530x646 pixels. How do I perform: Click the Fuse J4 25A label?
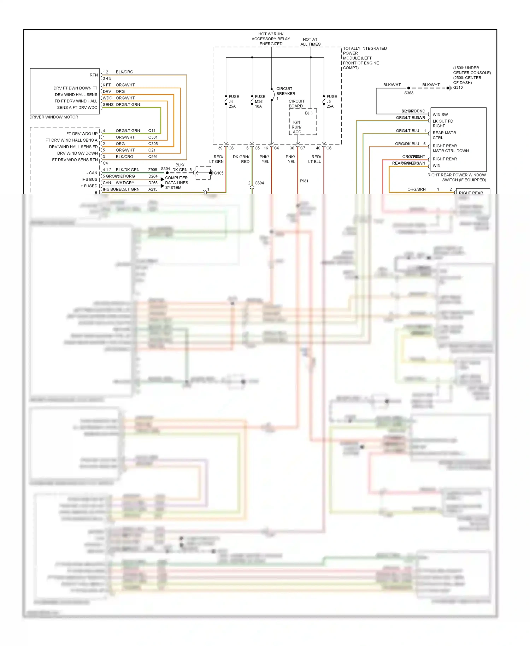click(x=233, y=101)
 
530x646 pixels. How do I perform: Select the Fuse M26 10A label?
click(x=260, y=101)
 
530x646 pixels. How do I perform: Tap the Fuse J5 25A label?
click(x=331, y=101)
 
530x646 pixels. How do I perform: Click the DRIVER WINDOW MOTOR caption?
click(x=54, y=117)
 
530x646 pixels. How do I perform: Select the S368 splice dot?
click(x=409, y=88)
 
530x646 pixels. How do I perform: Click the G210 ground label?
click(x=458, y=87)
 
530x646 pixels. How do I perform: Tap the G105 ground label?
click(x=219, y=173)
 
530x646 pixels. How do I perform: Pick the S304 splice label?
click(x=165, y=169)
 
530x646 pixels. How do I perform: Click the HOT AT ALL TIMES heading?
click(x=310, y=42)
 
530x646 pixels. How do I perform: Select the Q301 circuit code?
click(x=153, y=137)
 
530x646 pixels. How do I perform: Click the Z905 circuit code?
click(x=153, y=170)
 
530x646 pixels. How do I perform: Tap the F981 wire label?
click(x=304, y=181)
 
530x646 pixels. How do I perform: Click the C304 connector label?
click(x=259, y=183)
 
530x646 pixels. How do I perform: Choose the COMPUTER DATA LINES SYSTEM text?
click(x=176, y=183)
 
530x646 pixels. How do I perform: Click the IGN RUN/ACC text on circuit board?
click(x=296, y=127)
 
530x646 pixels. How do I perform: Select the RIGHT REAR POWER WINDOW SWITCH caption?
click(x=457, y=177)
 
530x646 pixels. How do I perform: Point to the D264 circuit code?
click(x=153, y=176)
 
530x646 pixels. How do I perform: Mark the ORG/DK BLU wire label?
click(x=407, y=144)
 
